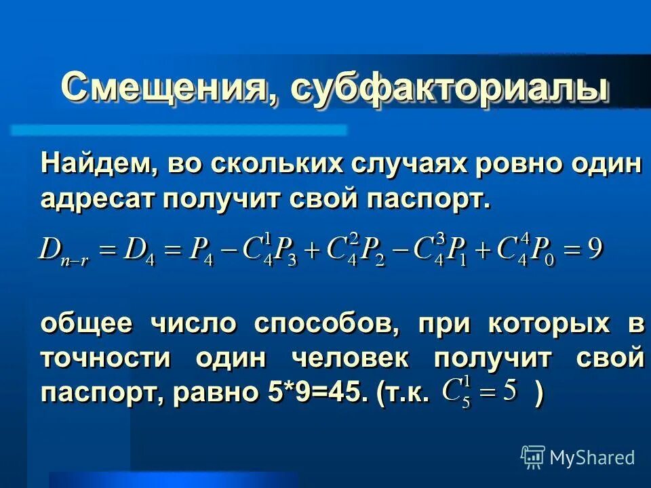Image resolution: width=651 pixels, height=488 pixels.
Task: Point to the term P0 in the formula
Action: (x=542, y=251)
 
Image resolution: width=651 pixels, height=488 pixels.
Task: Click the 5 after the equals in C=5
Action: (x=510, y=390)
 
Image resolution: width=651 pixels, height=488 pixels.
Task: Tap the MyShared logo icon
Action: (x=533, y=457)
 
